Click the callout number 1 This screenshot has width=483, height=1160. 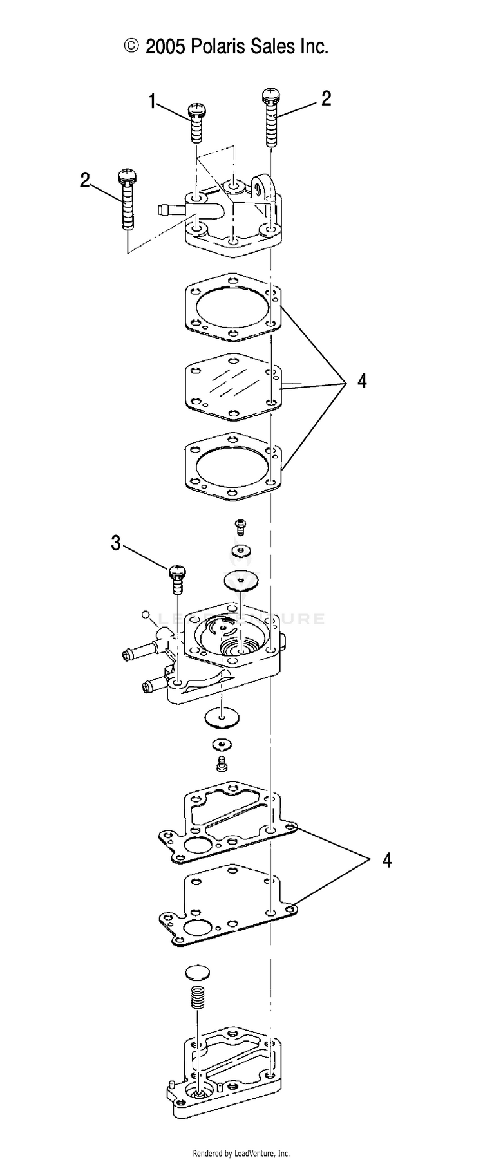153,101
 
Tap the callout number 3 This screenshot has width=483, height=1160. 116,543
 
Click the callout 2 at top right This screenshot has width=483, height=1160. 326,98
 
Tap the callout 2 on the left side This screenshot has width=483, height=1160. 85,180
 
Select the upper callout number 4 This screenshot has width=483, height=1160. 362,381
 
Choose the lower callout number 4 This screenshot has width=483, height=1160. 386,859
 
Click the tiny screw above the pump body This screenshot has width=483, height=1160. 241,527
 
